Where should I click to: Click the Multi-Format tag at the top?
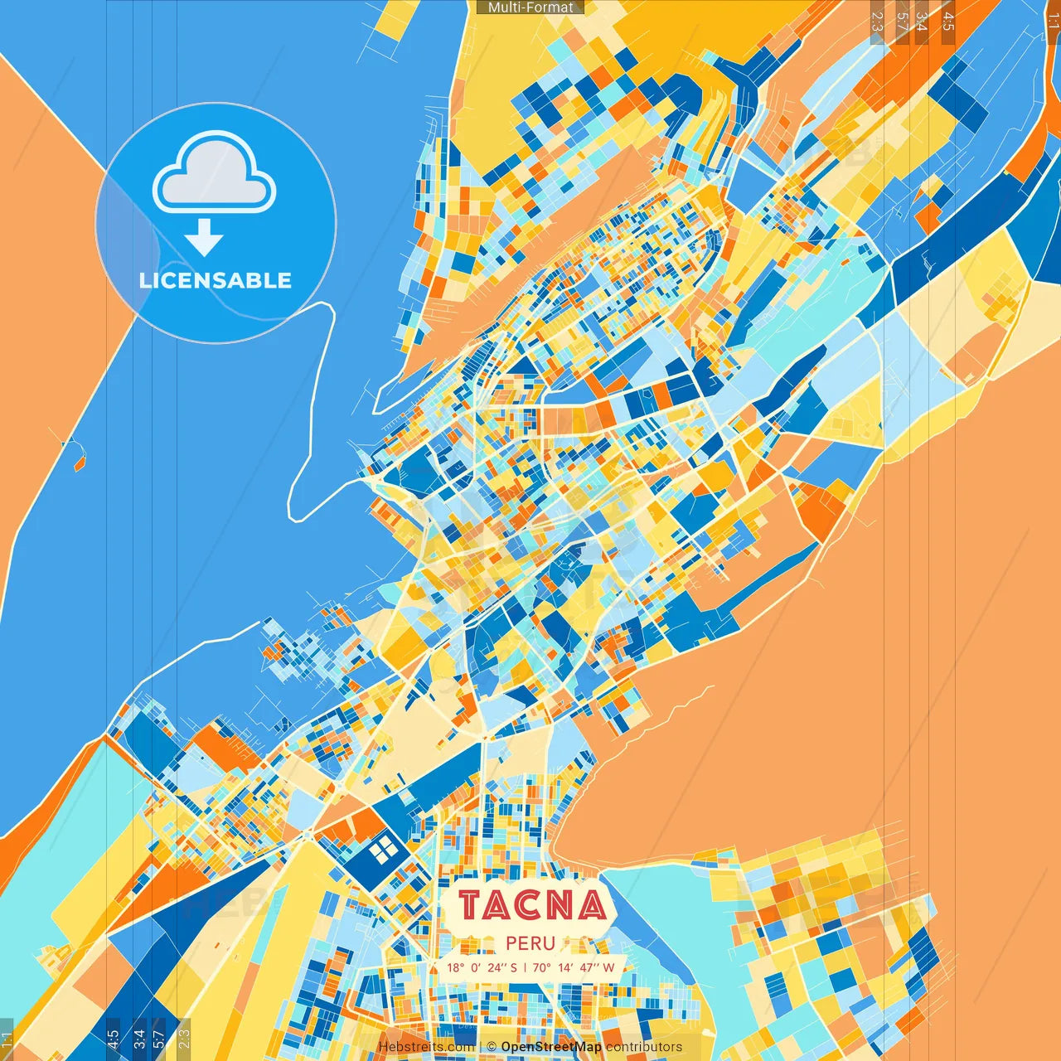pyautogui.click(x=530, y=7)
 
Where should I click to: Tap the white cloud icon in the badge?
pyautogui.click(x=215, y=172)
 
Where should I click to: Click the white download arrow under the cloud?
pyautogui.click(x=204, y=238)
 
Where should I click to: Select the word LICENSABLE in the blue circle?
pyautogui.click(x=216, y=280)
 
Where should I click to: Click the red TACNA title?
pyautogui.click(x=531, y=905)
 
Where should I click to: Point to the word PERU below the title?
pyautogui.click(x=530, y=943)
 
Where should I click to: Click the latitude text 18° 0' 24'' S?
pyautogui.click(x=482, y=967)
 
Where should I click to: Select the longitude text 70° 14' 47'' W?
pyautogui.click(x=574, y=967)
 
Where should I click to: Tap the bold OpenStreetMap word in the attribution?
pyautogui.click(x=551, y=1047)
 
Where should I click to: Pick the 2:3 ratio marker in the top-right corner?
pyautogui.click(x=877, y=22)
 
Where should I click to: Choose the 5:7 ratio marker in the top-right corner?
pyautogui.click(x=902, y=22)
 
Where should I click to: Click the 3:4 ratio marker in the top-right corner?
pyautogui.click(x=922, y=22)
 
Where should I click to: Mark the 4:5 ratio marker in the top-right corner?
pyautogui.click(x=948, y=22)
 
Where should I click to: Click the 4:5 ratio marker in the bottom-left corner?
pyautogui.click(x=114, y=1038)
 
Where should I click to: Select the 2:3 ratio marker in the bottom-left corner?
pyautogui.click(x=184, y=1038)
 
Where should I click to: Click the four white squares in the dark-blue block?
pyautogui.click(x=382, y=850)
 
